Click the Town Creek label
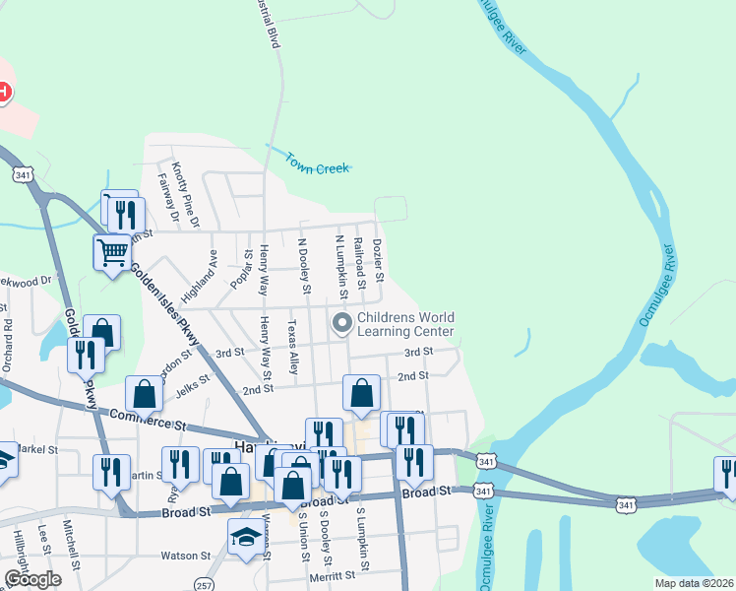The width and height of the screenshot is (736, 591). pos(319,168)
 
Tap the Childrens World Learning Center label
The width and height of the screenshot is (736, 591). pos(405,324)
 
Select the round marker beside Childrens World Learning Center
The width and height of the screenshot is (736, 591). pos(342,323)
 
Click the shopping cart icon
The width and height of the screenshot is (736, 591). pos(112,252)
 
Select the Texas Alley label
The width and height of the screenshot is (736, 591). pos(292,346)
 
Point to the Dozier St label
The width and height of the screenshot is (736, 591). pos(379,259)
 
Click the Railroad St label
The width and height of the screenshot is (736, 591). pos(360,261)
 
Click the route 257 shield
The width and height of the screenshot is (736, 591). pos(203,583)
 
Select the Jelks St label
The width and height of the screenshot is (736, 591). pos(193,382)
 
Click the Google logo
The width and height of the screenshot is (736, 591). pos(32,579)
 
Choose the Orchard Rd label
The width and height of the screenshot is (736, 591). pos(7,338)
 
